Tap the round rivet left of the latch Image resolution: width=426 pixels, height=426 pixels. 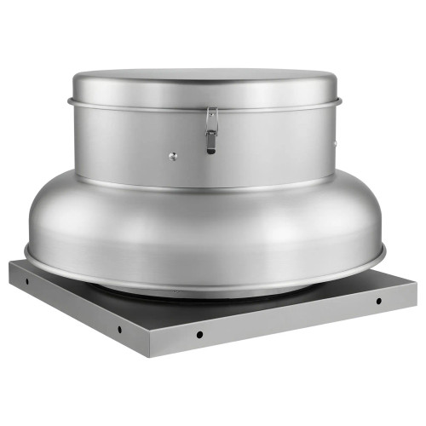point(172,156)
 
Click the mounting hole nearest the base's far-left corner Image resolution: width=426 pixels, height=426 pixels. point(26,279)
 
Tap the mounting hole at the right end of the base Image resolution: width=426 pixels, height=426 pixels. point(378,301)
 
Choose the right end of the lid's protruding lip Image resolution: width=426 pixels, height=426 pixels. point(340,101)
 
